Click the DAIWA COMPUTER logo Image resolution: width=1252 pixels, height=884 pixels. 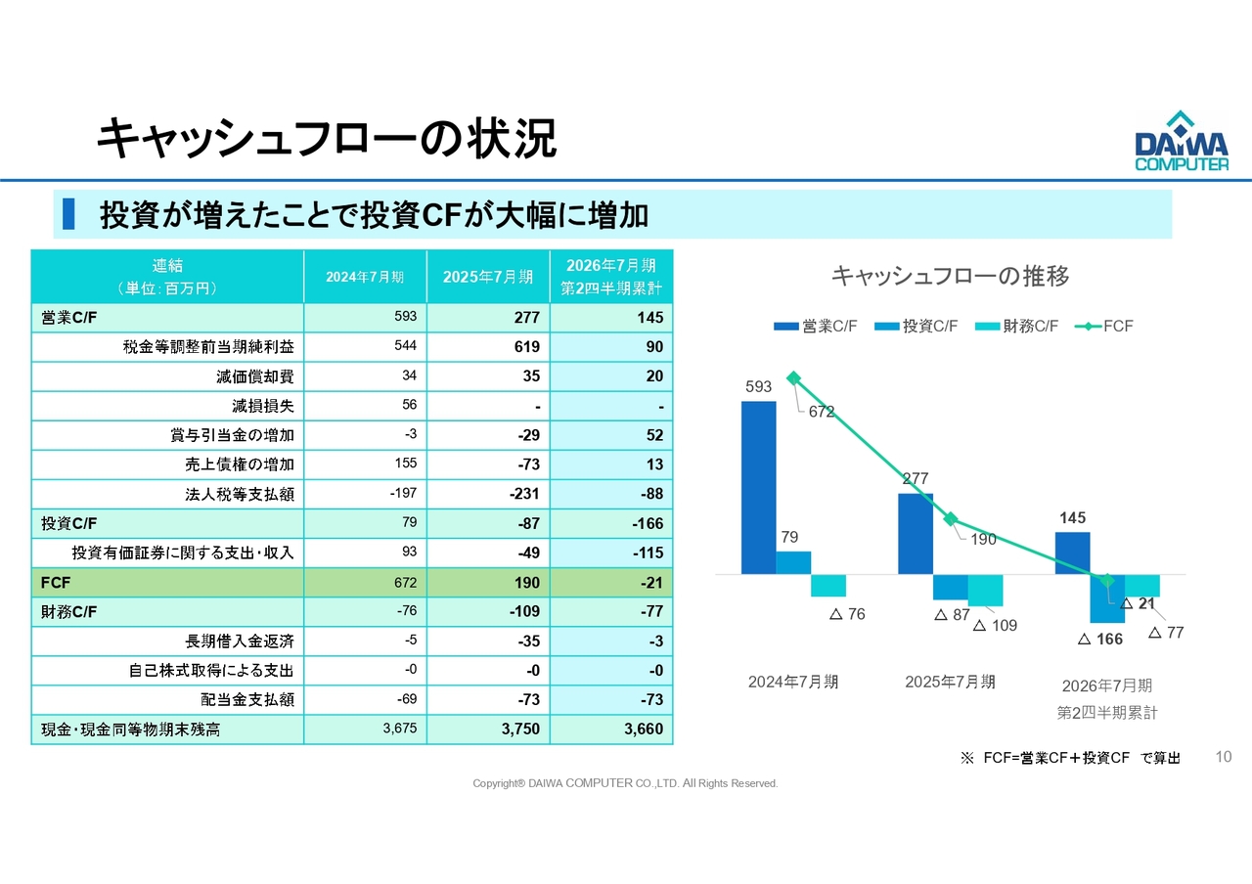(x=1182, y=142)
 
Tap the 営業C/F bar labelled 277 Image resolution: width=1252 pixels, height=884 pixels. (x=915, y=533)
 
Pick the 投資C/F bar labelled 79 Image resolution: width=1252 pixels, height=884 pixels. (x=793, y=562)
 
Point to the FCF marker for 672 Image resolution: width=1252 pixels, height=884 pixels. (x=793, y=378)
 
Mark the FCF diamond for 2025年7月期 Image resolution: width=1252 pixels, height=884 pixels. (x=950, y=519)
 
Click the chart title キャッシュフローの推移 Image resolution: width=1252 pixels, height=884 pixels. (x=950, y=276)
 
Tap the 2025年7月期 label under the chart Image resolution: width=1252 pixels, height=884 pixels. (x=950, y=682)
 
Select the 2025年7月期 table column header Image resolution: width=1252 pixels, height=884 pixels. (x=488, y=277)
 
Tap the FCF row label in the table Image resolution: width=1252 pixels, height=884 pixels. (x=56, y=582)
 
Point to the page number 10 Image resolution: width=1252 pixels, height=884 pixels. (x=1222, y=756)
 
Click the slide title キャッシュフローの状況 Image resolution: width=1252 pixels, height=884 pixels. (x=327, y=139)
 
